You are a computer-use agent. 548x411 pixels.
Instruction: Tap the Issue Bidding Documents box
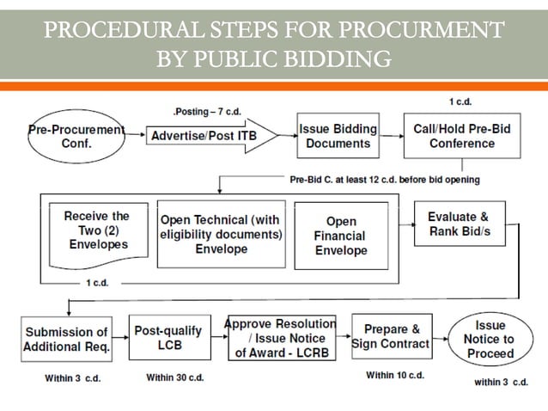click(x=338, y=136)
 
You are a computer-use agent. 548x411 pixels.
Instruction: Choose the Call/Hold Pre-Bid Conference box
click(x=450, y=136)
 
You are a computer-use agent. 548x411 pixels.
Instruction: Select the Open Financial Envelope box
click(x=340, y=236)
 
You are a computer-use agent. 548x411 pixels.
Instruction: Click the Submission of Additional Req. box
click(x=67, y=339)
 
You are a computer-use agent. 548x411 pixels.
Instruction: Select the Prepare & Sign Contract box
click(x=392, y=336)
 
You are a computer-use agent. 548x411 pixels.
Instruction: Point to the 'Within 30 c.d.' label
click(x=175, y=377)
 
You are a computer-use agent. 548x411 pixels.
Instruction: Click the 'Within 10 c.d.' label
click(x=394, y=375)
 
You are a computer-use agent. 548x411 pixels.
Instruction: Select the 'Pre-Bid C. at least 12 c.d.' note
click(x=384, y=180)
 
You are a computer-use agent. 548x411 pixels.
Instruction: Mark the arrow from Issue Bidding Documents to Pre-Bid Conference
click(x=391, y=136)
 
